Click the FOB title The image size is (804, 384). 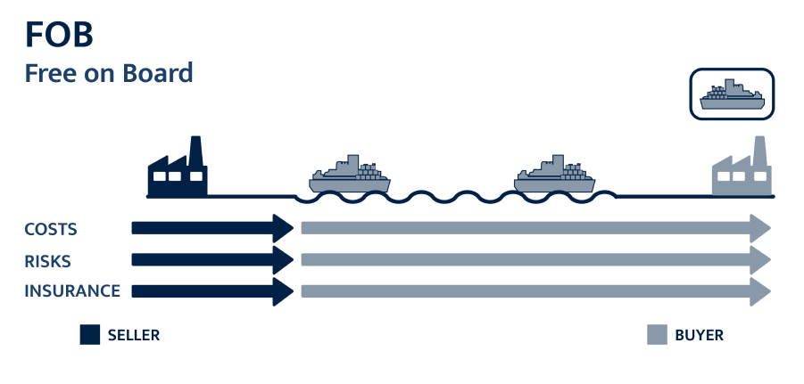pos(59,35)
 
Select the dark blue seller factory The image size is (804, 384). pos(177,170)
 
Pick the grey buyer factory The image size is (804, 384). pos(742,172)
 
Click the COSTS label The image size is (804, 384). pos(51,229)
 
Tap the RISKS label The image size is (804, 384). pos(47,260)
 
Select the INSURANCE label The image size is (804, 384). pos(72,291)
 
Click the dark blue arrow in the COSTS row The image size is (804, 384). pos(210,228)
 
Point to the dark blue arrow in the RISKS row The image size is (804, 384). pos(210,260)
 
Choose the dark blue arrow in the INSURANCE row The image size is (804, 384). pos(210,291)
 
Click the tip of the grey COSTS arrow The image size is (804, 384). pos(761,228)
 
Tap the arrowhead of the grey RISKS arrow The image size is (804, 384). pos(761,260)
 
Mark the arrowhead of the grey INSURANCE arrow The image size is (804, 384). pos(761,291)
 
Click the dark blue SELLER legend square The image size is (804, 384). pos(89,335)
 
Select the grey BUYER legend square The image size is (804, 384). pos(656,335)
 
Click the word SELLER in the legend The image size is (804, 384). pos(133,336)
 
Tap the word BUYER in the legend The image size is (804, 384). pos(699,336)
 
